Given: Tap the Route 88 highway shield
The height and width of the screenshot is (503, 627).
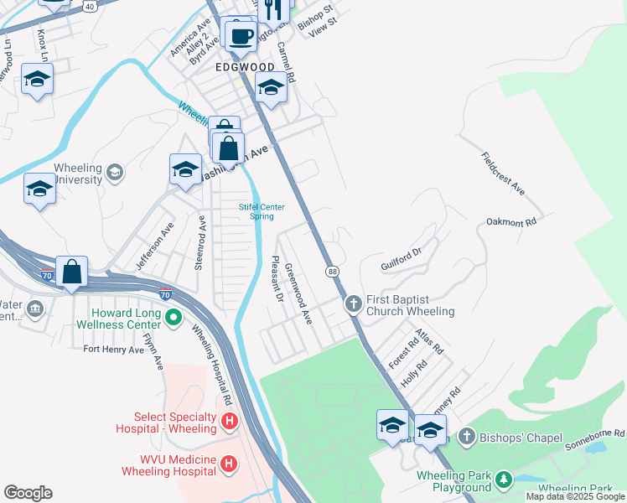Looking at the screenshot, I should (x=333, y=271).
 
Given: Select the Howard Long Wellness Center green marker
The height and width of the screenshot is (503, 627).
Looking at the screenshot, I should (x=174, y=317).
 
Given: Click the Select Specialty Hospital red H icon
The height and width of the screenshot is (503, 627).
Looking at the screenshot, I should (x=228, y=421).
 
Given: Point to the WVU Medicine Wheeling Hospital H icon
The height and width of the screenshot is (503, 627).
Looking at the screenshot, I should (x=228, y=464).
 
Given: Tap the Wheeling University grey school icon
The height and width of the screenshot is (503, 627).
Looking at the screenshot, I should (x=114, y=173).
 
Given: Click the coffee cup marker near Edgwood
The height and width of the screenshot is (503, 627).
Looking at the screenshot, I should (x=241, y=36).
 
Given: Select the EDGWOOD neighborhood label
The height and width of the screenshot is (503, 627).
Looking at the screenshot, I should (x=245, y=67).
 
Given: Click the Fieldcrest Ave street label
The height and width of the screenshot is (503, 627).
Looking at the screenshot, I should (x=503, y=174).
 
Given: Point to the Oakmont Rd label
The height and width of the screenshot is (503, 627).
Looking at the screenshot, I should (x=510, y=222).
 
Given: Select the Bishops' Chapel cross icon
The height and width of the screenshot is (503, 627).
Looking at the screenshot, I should (x=466, y=436).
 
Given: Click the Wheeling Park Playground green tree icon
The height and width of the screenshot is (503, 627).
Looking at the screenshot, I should (x=504, y=480).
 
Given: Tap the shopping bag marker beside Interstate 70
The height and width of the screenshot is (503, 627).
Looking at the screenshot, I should (x=72, y=272).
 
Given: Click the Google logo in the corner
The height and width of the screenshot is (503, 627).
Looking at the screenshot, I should (x=28, y=493).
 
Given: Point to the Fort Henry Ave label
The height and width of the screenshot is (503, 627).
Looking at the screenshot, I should (x=113, y=349).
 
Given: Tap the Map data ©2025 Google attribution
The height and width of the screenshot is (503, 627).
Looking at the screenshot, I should (x=575, y=496).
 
